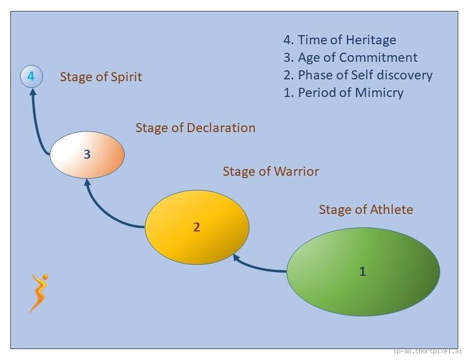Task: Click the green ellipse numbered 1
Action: click(363, 272)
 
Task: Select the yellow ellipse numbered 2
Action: click(197, 227)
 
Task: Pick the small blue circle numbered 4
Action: click(31, 77)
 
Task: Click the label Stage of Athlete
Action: click(366, 210)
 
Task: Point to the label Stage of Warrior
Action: click(271, 172)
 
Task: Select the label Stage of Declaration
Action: click(195, 128)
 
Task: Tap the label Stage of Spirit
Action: click(101, 77)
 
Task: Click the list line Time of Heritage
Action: click(340, 41)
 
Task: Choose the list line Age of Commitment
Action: click(350, 58)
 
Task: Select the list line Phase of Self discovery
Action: click(358, 76)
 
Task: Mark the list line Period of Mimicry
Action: click(343, 93)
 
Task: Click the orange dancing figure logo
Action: click(39, 293)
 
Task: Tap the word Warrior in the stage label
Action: click(295, 172)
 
